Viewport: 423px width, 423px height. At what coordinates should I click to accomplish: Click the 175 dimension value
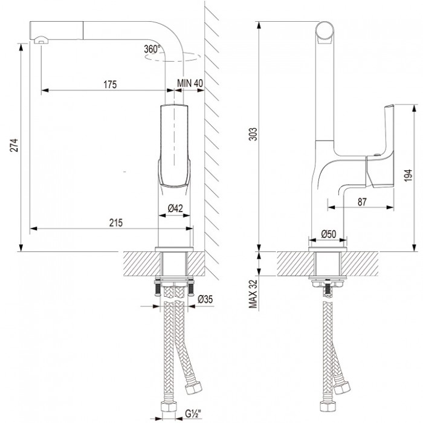coord(109,84)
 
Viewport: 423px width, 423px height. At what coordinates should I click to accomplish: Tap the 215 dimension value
coord(117,222)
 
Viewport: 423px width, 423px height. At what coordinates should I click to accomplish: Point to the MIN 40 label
coord(190,84)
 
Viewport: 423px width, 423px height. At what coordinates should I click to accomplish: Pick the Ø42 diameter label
coord(175,208)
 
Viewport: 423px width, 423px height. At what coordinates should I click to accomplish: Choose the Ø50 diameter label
coord(328,234)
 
